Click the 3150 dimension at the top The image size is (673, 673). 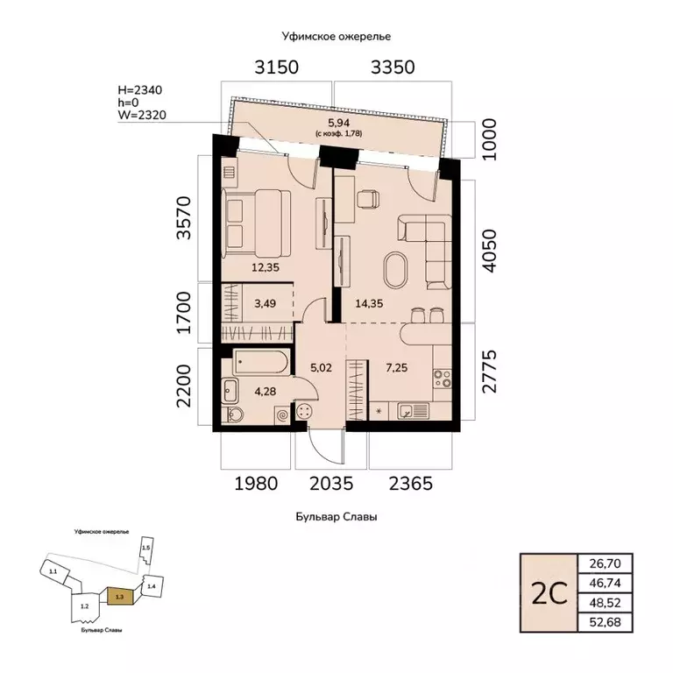click(x=276, y=67)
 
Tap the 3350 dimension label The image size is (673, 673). click(x=393, y=67)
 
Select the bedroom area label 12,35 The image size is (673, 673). click(x=266, y=267)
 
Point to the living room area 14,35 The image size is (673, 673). click(x=369, y=303)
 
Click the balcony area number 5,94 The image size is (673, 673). click(x=338, y=123)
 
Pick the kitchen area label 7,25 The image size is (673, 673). click(x=397, y=368)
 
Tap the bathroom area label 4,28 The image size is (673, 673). click(x=266, y=391)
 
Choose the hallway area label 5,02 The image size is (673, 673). click(x=321, y=368)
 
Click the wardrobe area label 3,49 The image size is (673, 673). click(x=266, y=303)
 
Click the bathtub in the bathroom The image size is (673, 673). click(x=262, y=362)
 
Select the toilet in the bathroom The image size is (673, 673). click(x=233, y=414)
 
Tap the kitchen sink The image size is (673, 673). click(x=413, y=411)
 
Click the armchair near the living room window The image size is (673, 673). click(x=368, y=199)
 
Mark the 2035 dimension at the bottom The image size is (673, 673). click(x=331, y=484)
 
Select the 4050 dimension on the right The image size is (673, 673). click(x=489, y=251)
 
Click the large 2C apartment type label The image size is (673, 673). click(x=549, y=593)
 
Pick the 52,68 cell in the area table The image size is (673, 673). click(x=606, y=622)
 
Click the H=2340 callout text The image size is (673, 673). click(x=140, y=90)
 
